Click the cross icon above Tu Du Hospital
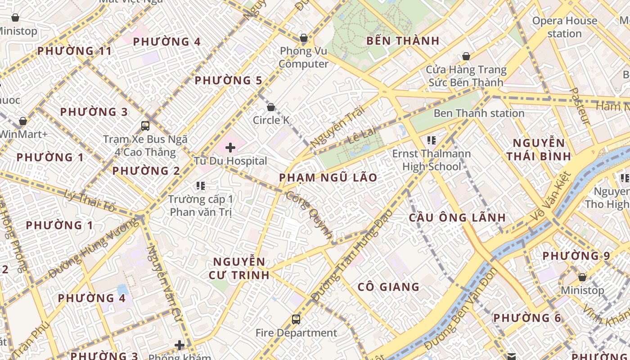point(230,147)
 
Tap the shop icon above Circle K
point(271,107)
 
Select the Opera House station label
point(564,27)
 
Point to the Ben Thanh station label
point(479,113)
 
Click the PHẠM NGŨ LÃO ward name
point(328,177)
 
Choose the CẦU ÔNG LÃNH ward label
point(457,217)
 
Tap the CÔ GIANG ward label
point(388,287)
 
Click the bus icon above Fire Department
point(296,319)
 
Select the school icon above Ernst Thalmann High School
point(432,140)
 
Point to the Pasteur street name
point(580,106)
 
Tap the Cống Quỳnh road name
point(310,216)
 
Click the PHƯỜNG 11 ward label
point(74,51)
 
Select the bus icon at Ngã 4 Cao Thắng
point(145,126)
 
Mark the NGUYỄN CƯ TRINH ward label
point(239,268)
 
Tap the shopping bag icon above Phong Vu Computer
point(304,38)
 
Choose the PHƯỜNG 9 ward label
point(576,256)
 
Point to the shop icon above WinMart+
point(23,121)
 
